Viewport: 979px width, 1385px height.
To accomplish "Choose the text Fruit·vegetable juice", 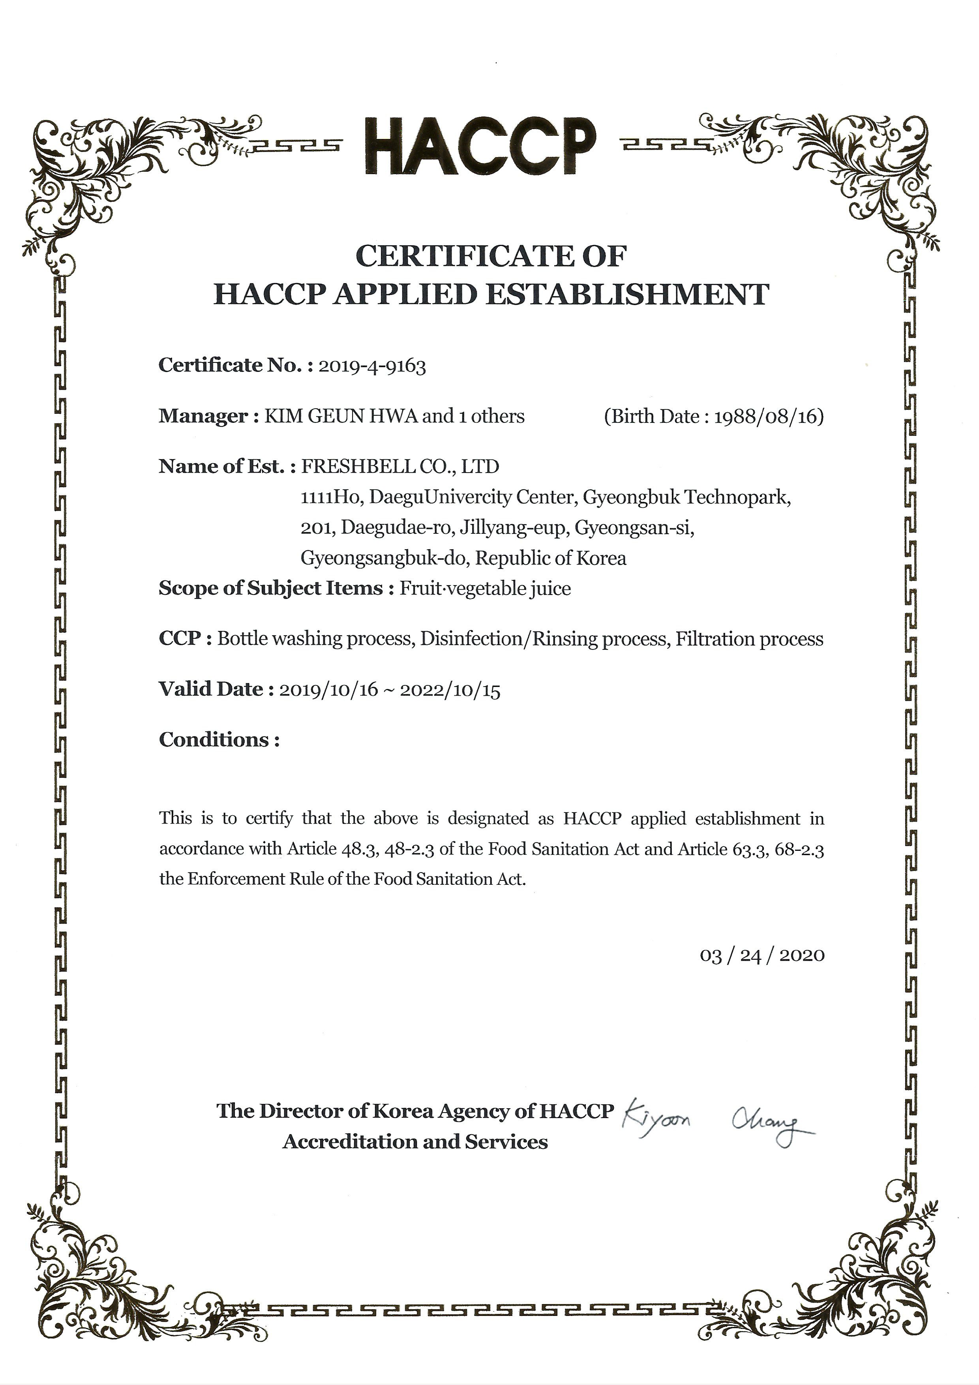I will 485,588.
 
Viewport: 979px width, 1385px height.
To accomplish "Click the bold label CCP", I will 179,638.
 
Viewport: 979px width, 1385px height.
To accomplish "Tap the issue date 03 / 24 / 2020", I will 762,955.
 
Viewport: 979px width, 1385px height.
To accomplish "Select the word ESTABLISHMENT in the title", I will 627,295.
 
